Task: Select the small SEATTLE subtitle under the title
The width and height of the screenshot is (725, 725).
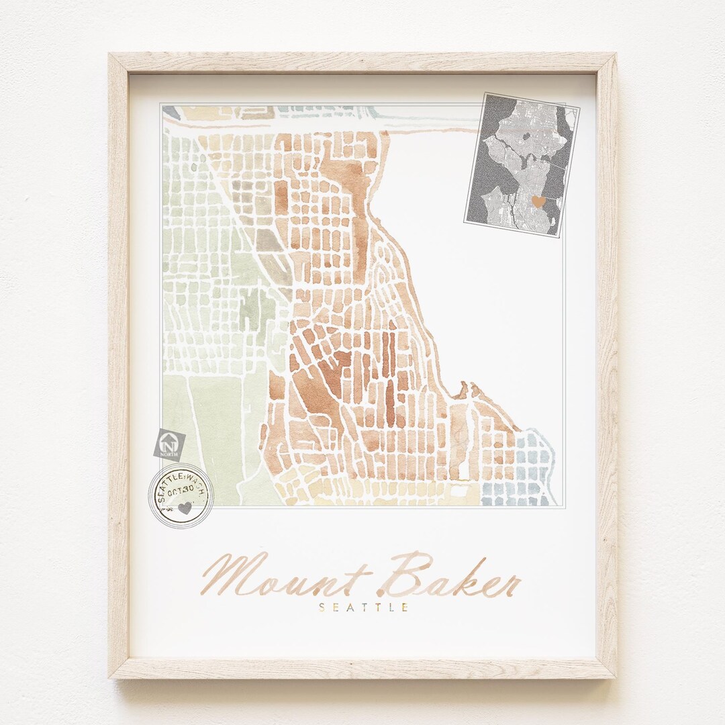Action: (x=364, y=608)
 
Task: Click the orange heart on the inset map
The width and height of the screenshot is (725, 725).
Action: (x=538, y=201)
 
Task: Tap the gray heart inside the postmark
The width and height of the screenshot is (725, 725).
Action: (x=185, y=508)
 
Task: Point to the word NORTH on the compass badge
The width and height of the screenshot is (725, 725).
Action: (x=169, y=452)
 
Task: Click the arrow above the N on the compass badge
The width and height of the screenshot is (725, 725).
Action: (x=168, y=437)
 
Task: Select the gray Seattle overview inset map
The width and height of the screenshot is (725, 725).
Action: (x=521, y=164)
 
